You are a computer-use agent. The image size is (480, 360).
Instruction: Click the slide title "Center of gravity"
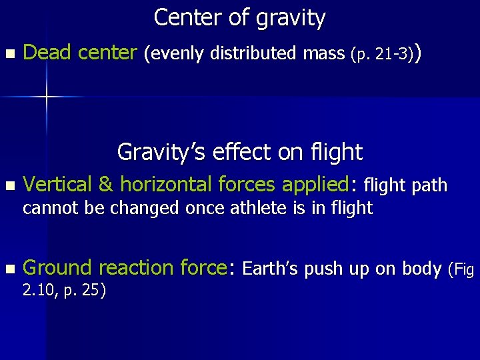[x=239, y=17]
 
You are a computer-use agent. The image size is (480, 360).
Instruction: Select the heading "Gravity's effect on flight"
[x=239, y=152]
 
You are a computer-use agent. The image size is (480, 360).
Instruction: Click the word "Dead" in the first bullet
[x=47, y=52]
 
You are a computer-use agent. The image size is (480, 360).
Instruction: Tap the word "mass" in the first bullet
[x=325, y=53]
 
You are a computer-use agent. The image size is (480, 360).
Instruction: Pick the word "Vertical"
[x=59, y=184]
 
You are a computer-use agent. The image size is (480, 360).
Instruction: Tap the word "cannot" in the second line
[x=47, y=209]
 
